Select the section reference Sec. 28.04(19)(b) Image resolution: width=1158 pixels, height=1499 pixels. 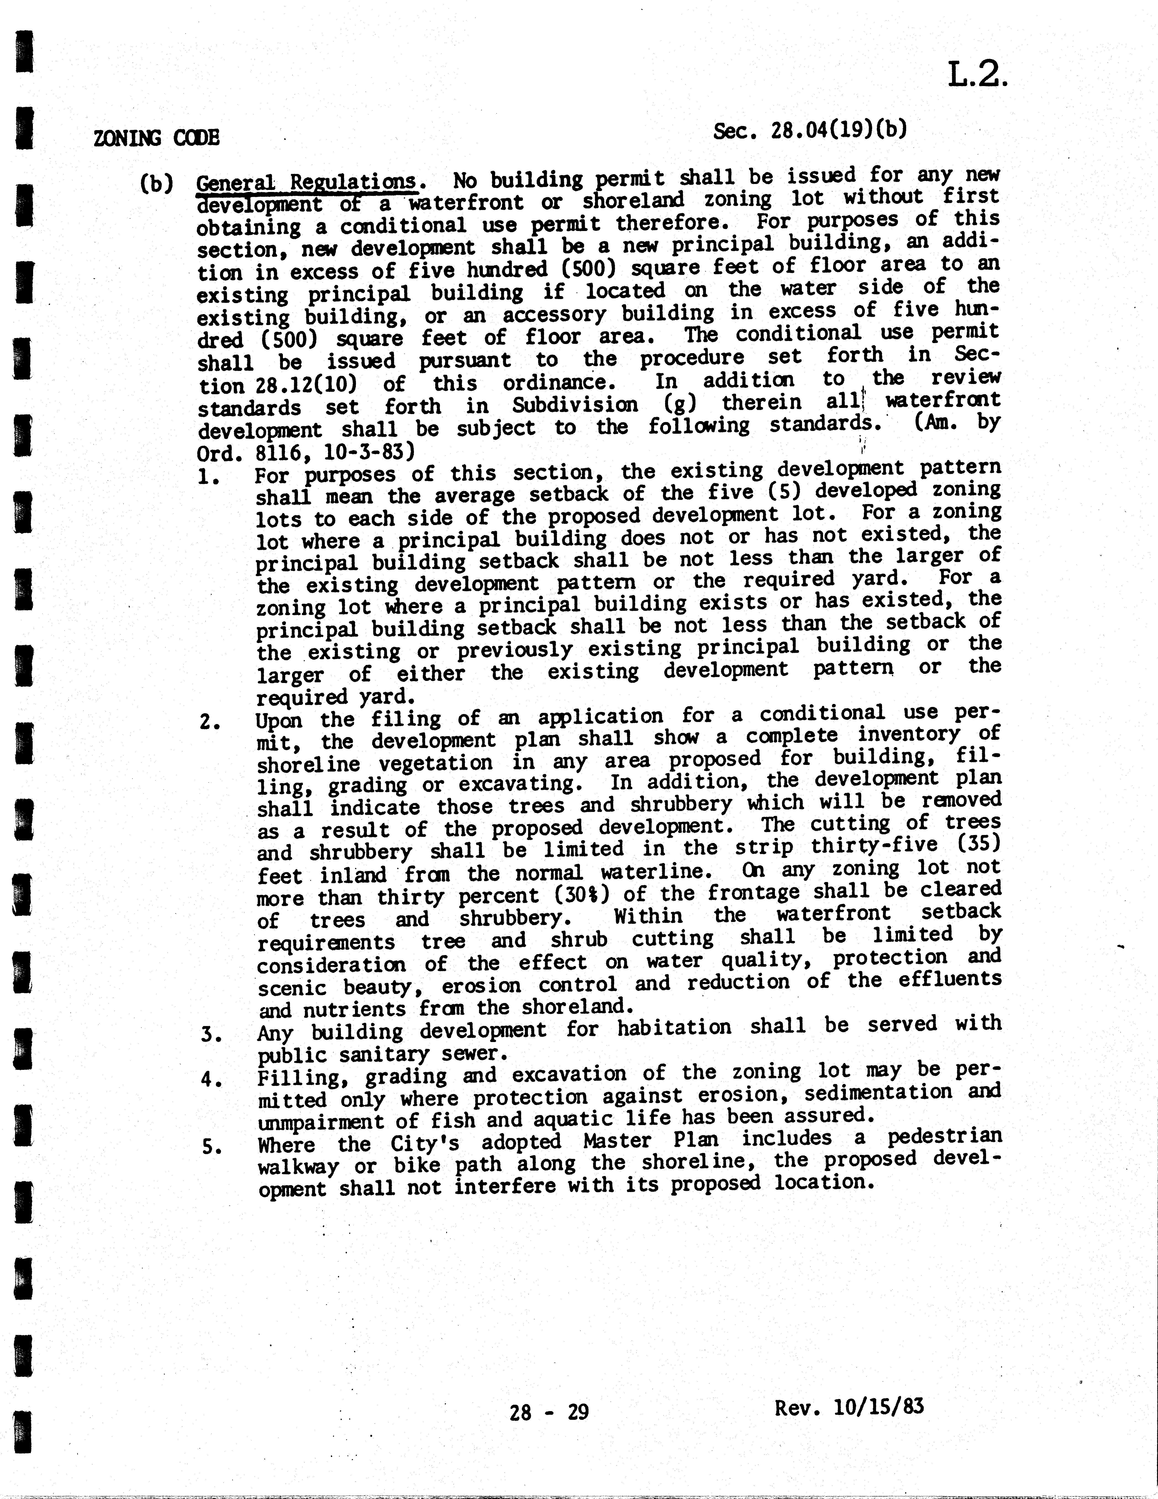810,130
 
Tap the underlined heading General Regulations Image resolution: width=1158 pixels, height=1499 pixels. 306,183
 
